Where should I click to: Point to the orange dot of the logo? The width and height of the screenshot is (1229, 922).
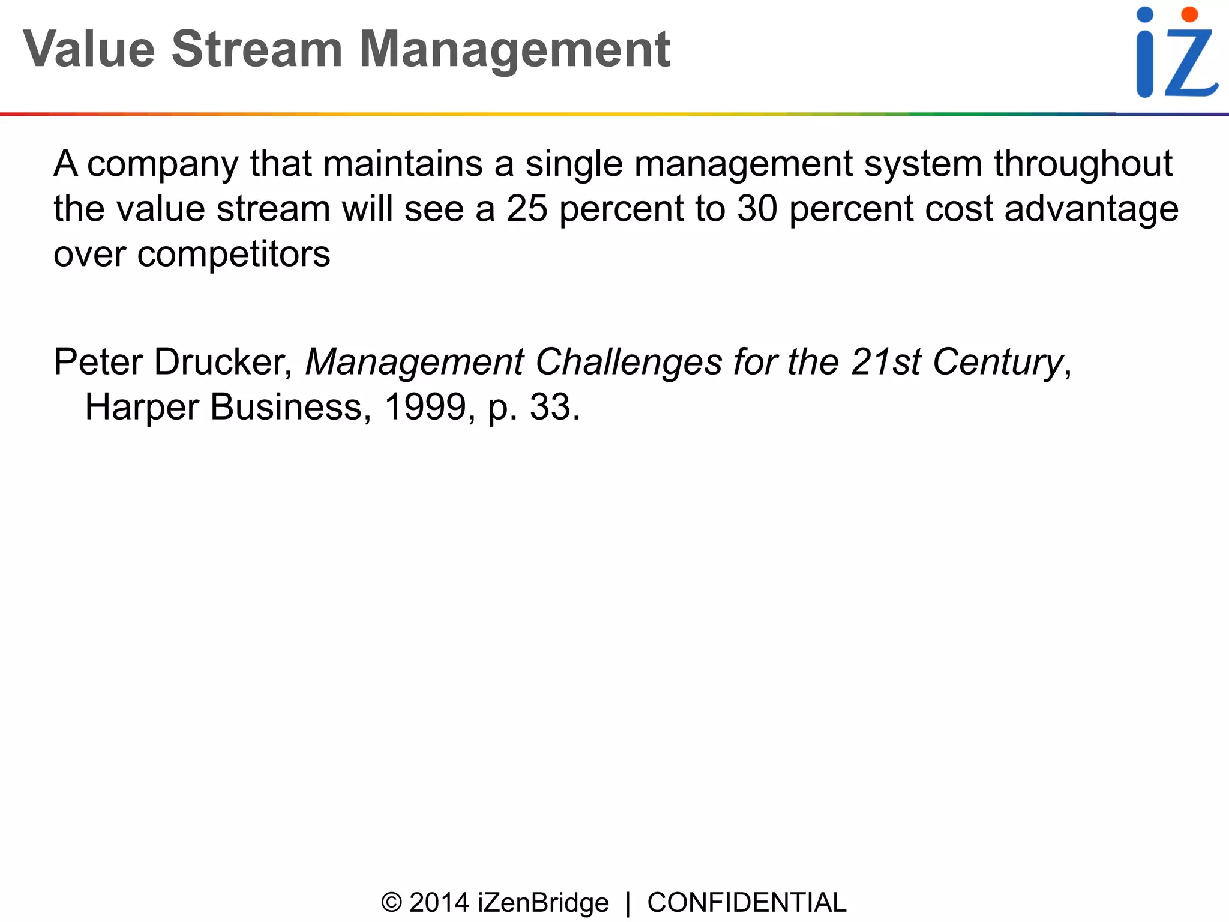[1189, 14]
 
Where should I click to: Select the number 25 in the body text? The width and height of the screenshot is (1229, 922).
[527, 209]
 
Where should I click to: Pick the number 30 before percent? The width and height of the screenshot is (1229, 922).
[757, 209]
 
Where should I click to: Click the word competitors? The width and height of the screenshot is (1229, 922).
[233, 255]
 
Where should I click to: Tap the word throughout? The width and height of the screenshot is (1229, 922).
[1083, 163]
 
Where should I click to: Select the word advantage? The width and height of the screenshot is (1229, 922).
[1091, 209]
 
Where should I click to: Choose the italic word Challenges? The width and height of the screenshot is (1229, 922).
[628, 362]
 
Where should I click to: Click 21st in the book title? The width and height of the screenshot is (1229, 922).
[885, 362]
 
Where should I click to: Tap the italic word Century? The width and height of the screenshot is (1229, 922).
[997, 362]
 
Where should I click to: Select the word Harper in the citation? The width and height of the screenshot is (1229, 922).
[142, 407]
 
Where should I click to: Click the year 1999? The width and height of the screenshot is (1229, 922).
[425, 407]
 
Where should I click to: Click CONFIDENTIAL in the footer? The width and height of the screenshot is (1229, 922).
[747, 903]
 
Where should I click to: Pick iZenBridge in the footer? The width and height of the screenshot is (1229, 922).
[543, 903]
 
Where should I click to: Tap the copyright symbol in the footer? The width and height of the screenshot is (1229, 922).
[391, 903]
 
